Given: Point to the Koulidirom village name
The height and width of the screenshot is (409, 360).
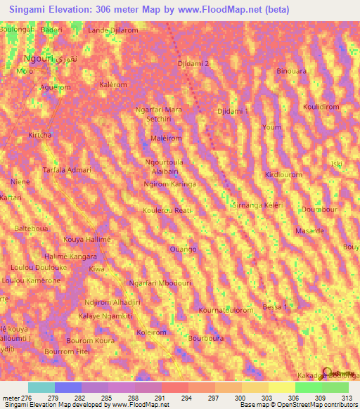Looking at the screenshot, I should [321, 107].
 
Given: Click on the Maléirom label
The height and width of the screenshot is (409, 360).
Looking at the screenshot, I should [167, 138].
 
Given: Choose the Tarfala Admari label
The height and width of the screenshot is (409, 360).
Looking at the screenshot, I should [67, 170].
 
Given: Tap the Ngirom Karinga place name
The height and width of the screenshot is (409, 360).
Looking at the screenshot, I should [169, 183].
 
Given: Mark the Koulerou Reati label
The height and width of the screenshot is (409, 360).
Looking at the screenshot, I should [167, 210].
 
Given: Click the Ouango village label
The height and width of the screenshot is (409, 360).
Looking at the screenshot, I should [183, 249].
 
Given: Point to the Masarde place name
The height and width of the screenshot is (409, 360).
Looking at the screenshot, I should [309, 231].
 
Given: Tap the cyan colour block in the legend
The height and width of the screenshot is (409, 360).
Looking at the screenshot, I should [41, 387].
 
